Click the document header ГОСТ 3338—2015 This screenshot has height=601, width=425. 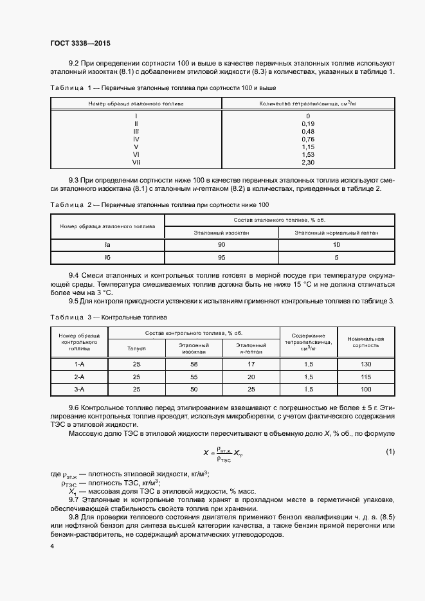click(80, 43)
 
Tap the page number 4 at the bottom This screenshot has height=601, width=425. click(51, 546)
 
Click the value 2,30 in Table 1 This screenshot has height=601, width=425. click(307, 162)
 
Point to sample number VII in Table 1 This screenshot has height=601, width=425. click(136, 162)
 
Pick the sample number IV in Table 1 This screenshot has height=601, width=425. click(136, 138)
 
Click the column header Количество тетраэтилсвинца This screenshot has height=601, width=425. click(307, 103)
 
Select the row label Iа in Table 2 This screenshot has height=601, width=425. click(107, 244)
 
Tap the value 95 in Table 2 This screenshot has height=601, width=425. click(221, 257)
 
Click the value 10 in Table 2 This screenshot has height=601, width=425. click(337, 244)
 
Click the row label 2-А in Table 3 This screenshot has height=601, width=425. click(80, 377)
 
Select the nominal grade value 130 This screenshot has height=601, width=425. click(365, 364)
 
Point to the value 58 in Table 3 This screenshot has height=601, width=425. click(194, 364)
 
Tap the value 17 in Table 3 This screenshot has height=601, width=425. click(251, 364)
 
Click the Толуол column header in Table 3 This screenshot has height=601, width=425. click(136, 348)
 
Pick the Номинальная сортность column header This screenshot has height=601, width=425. click(365, 341)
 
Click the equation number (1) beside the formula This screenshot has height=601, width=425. click(390, 452)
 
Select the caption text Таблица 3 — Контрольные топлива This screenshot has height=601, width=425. click(108, 318)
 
